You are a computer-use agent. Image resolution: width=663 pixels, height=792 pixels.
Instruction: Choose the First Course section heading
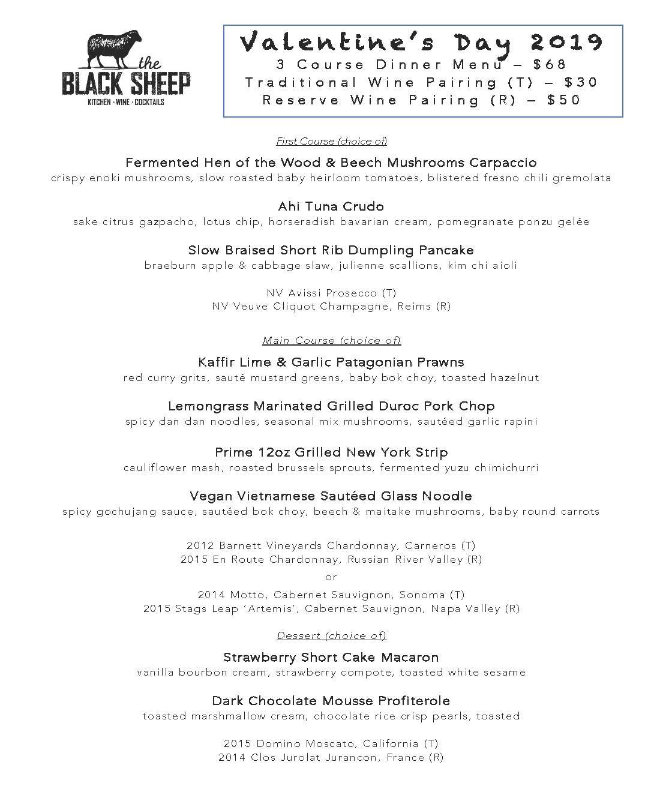[331, 142]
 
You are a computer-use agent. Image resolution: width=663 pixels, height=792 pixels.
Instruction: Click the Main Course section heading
[331, 341]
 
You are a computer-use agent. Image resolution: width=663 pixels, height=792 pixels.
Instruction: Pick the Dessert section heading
[331, 635]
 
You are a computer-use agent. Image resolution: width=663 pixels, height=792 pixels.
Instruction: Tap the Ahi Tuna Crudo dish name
[331, 206]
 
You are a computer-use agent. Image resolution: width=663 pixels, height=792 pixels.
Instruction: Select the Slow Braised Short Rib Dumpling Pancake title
[331, 250]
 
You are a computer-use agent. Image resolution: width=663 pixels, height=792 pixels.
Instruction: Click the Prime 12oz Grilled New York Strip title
[331, 452]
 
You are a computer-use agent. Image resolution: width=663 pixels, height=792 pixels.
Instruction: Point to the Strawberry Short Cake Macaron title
[331, 657]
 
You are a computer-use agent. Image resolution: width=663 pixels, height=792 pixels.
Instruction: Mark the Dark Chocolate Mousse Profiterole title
[331, 701]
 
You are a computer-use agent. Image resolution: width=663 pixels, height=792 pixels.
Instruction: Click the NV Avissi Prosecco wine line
[331, 293]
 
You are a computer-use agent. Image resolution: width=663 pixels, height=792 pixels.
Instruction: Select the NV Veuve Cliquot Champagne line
[331, 307]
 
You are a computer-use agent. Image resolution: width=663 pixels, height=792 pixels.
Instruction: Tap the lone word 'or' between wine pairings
[331, 577]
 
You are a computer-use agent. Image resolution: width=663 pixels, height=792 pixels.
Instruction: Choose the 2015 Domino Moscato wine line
[331, 743]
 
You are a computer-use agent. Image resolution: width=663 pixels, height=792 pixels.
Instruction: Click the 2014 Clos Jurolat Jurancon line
[331, 758]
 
